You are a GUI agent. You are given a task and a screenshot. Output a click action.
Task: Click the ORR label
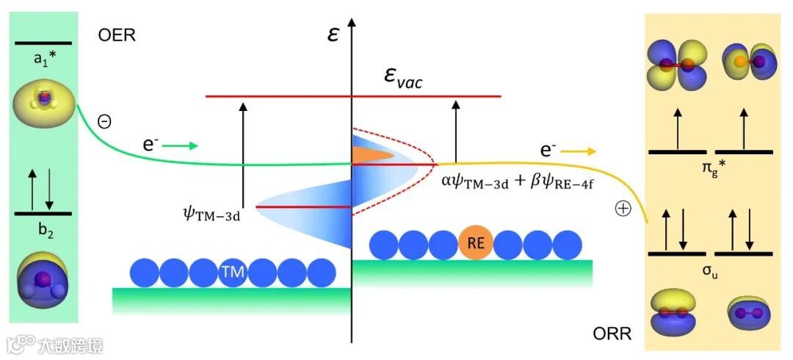612,335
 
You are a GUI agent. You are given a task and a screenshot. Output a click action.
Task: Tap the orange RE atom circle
475,245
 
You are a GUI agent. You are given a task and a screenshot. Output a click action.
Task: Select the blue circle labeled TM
232,273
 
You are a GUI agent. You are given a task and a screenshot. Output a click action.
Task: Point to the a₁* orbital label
44,60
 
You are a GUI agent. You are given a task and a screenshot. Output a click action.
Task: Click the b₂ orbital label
43,228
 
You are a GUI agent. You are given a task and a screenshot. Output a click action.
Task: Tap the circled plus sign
623,209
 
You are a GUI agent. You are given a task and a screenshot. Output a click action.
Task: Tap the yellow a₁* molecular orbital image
43,107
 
